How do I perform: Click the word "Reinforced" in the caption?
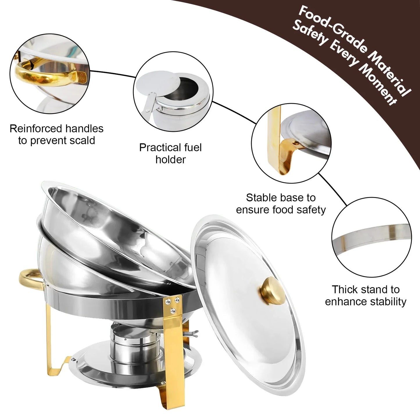(x=36, y=128)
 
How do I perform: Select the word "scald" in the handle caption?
(x=83, y=140)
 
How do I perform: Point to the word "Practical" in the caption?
(x=157, y=148)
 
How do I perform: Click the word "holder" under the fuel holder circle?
(x=170, y=160)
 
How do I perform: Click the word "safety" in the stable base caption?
(x=312, y=210)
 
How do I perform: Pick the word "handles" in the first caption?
(x=84, y=128)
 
